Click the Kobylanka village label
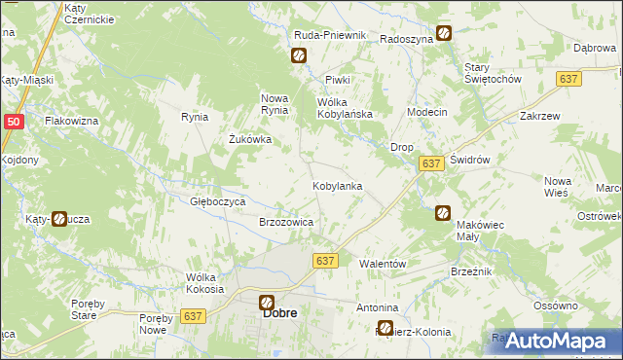338,185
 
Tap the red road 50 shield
13,122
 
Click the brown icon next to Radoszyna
444,33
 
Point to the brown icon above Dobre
266,302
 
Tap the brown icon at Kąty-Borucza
59,220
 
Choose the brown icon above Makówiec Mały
443,212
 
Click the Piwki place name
337,80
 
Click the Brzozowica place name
286,222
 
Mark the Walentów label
382,264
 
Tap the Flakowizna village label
72,122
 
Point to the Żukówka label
249,139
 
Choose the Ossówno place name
556,306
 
